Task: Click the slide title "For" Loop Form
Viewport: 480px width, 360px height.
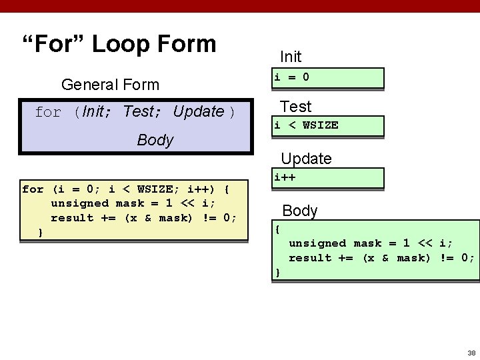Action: pos(119,45)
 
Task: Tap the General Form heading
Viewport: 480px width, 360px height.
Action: pos(110,85)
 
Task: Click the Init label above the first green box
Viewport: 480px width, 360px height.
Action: pos(291,57)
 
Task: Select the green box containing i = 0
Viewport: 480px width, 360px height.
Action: pos(327,78)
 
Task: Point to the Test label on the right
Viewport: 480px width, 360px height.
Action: pos(295,107)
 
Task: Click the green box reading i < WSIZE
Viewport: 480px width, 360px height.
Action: pos(327,126)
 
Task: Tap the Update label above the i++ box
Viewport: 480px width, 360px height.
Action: pos(306,159)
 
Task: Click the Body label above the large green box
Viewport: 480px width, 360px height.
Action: pos(300,211)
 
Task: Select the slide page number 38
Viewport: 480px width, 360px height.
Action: pos(471,353)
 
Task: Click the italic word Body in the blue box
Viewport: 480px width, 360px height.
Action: pos(155,140)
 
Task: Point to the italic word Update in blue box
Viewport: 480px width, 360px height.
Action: pos(198,111)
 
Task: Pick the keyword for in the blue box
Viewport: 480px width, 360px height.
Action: pos(48,112)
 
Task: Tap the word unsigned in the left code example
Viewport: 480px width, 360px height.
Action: pos(79,203)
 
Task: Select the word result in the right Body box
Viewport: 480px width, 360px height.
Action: pos(310,258)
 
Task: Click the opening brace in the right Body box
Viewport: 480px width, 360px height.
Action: pos(278,229)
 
